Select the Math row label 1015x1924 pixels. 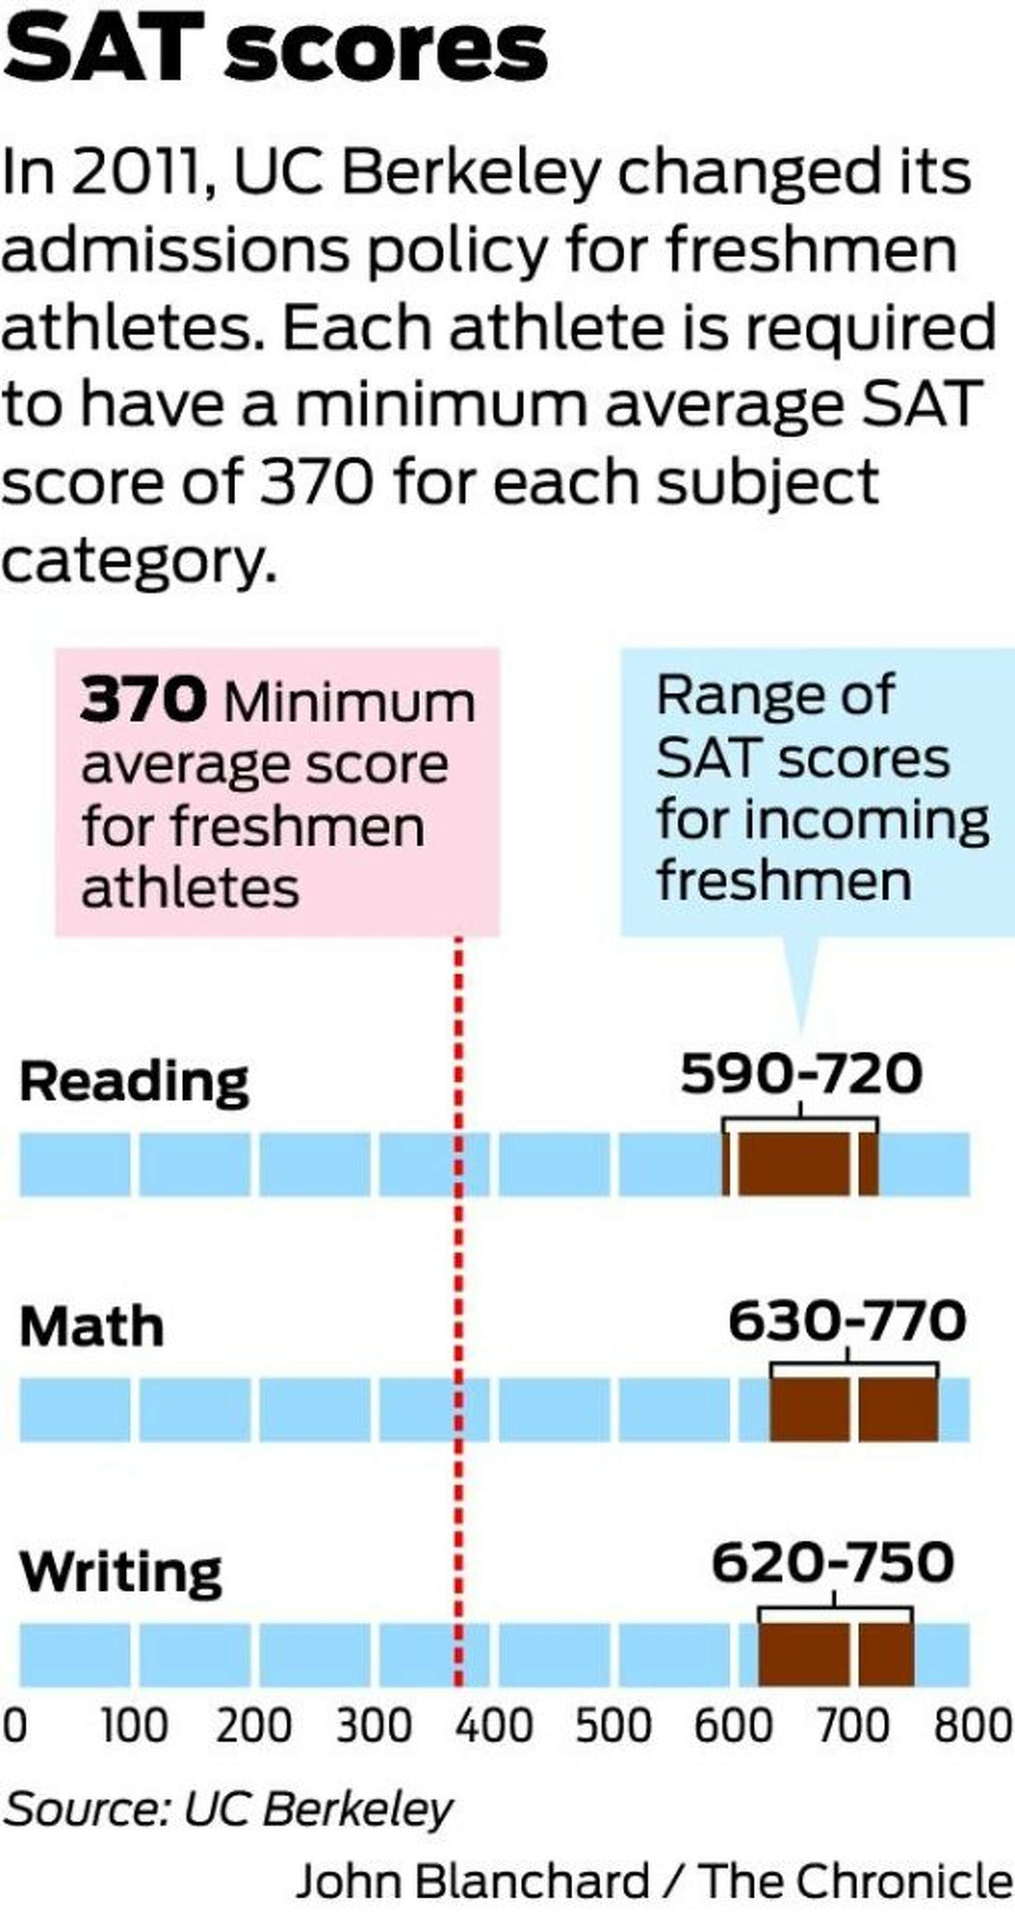click(91, 1327)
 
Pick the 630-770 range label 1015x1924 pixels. click(847, 1320)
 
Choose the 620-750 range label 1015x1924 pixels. click(833, 1563)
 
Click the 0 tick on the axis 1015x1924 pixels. click(14, 1726)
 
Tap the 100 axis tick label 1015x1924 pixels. click(134, 1726)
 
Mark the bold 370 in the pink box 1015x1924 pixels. click(143, 700)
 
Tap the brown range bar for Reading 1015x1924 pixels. click(800, 1163)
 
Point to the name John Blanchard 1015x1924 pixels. click(473, 1880)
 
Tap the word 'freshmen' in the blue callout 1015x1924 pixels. click(784, 880)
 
